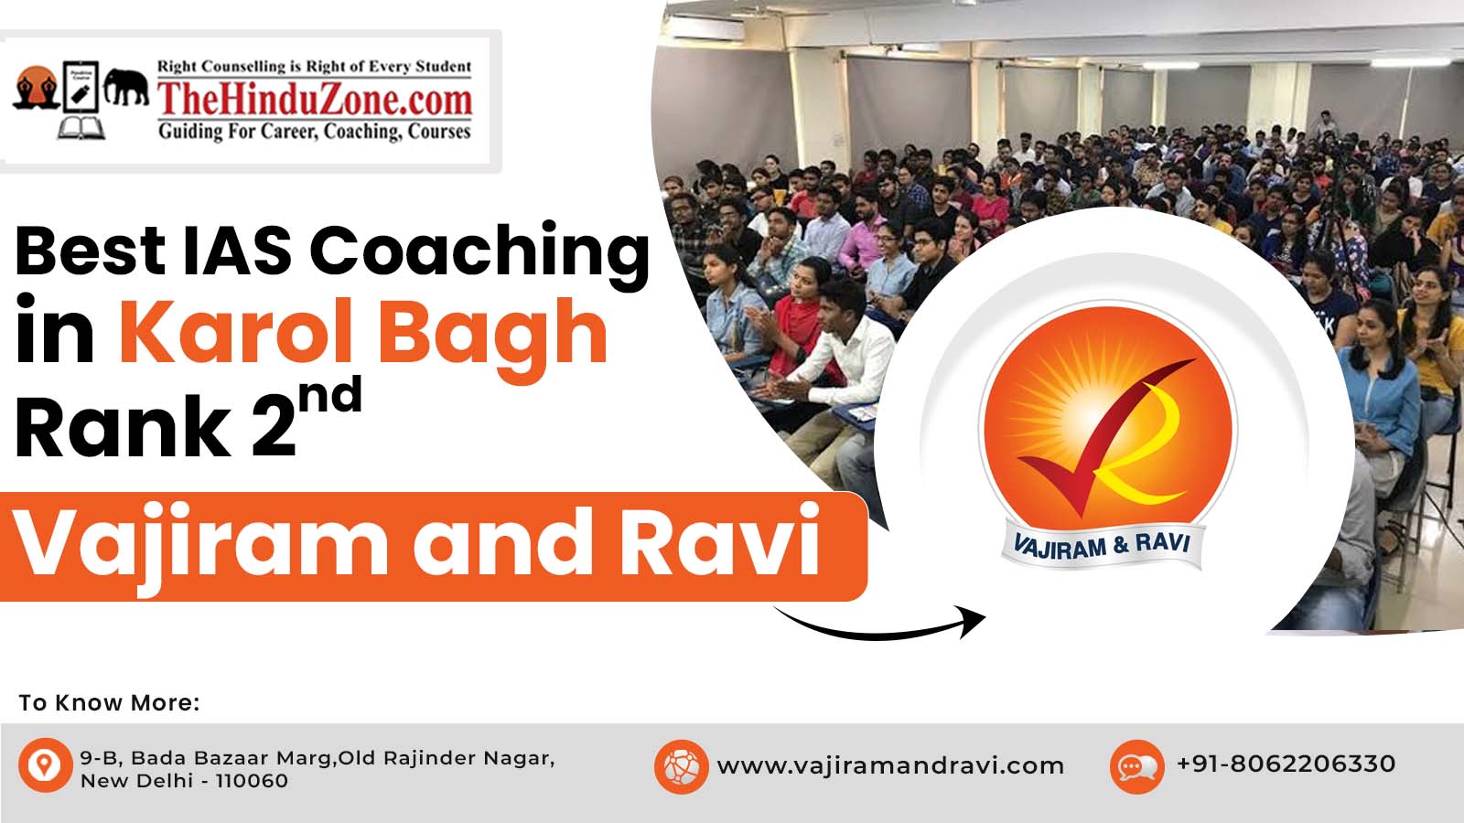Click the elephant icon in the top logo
tap(126, 86)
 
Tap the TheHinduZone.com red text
tap(315, 100)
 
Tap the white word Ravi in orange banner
tap(720, 540)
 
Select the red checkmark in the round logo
tap(1104, 437)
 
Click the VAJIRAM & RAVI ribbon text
tap(1102, 546)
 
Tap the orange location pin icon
tap(45, 764)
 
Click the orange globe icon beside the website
tap(681, 766)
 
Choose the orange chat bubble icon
tap(1137, 766)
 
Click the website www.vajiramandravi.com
tap(890, 765)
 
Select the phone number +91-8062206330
tap(1286, 764)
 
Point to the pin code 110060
tap(252, 781)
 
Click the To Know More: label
tap(109, 703)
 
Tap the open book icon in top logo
tap(81, 128)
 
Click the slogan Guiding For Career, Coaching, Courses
tap(315, 132)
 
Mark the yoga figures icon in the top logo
tap(37, 88)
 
